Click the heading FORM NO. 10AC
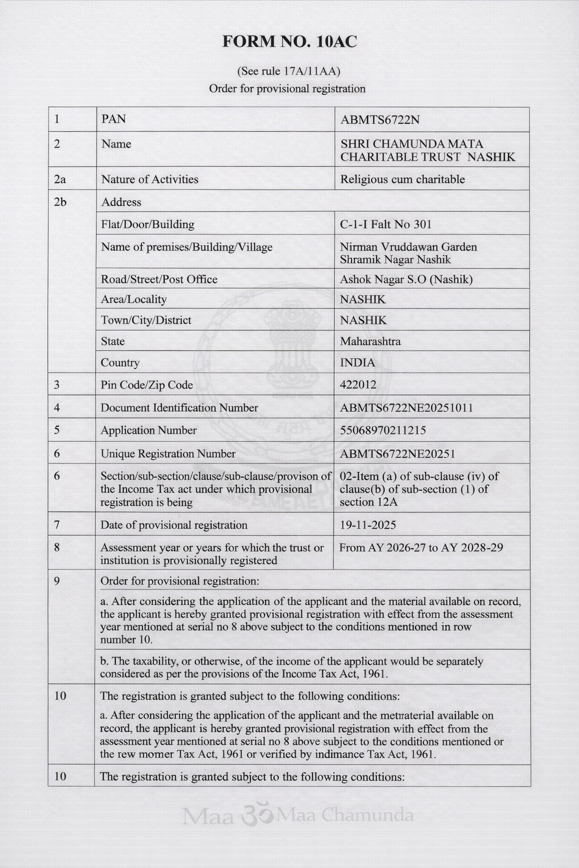[289, 42]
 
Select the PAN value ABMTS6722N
[380, 120]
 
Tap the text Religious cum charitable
[402, 179]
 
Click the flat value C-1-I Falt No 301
[386, 224]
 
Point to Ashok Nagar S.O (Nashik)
[406, 279]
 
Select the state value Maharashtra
[370, 341]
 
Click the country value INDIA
[357, 363]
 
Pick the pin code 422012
[358, 385]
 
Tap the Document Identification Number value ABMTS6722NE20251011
[407, 408]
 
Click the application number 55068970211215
[383, 431]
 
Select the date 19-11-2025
[368, 525]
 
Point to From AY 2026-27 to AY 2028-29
[421, 548]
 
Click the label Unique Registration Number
[168, 454]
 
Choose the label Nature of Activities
[150, 179]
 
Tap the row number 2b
[60, 202]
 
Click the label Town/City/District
[146, 320]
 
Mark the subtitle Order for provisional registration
[287, 89]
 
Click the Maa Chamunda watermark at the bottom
[298, 815]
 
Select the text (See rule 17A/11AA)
[288, 71]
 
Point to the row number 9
[57, 581]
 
